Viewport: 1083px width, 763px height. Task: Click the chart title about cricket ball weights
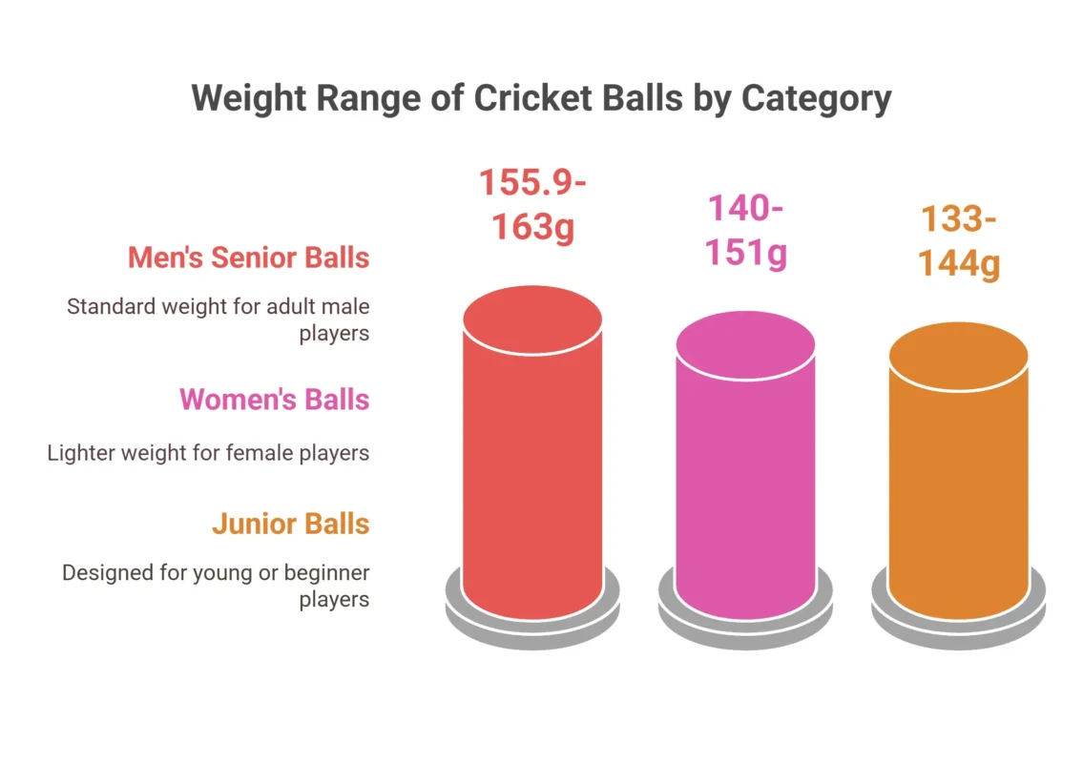pos(541,99)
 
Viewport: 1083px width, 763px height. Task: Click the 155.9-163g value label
pos(531,206)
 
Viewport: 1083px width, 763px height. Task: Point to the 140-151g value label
pos(745,231)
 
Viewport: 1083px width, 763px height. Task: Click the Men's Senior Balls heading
pos(248,258)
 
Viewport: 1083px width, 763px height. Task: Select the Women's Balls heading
pos(274,399)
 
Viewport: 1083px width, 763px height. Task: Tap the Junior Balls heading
pos(290,524)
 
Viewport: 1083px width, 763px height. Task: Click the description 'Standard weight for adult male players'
pos(218,320)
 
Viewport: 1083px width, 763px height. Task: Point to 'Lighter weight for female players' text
pos(208,452)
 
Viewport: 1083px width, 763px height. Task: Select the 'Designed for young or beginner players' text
pos(216,586)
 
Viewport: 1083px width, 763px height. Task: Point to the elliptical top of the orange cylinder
pos(958,356)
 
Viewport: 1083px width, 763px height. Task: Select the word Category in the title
pos(817,99)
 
